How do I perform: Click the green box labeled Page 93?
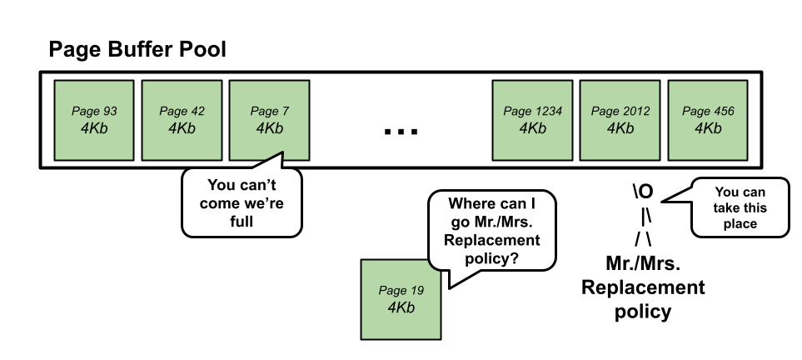[94, 120]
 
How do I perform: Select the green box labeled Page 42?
[182, 120]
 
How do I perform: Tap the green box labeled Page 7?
[269, 120]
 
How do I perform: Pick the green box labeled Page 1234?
[532, 120]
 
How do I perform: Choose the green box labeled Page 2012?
[620, 120]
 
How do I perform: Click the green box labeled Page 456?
[708, 120]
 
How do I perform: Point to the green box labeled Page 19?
[401, 299]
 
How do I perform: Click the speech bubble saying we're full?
[241, 202]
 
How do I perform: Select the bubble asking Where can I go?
[491, 230]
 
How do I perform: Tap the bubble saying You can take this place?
[740, 207]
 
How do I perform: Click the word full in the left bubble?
[241, 222]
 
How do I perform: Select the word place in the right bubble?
[740, 223]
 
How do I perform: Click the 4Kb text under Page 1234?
[532, 128]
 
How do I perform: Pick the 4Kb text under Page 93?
[94, 128]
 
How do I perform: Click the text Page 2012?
[620, 111]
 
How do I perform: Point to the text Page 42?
[182, 111]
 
